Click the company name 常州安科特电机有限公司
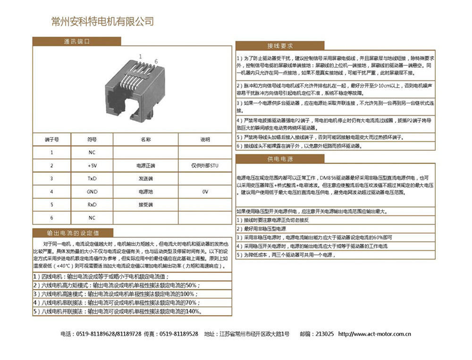(102, 21)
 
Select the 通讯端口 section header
(76, 41)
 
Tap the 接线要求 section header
(280, 46)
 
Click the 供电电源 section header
(280, 159)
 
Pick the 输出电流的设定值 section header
(73, 233)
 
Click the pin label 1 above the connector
(140, 56)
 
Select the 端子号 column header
(51, 140)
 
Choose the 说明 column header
(205, 140)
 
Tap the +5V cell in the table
(92, 166)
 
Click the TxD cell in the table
(92, 179)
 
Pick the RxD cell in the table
(92, 205)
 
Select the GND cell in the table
(92, 192)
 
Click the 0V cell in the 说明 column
(205, 192)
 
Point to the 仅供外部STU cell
(205, 166)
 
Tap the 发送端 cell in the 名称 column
(145, 179)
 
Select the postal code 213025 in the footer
(325, 334)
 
